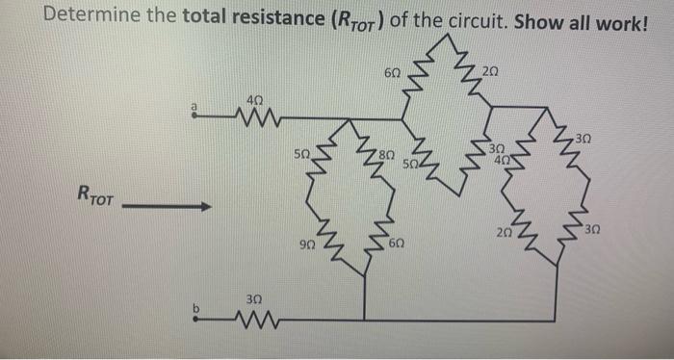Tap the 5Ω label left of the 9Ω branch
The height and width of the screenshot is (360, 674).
pyautogui.click(x=303, y=154)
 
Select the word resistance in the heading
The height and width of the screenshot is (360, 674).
pyautogui.click(x=260, y=16)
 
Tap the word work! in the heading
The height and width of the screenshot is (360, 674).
pyautogui.click(x=625, y=16)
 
